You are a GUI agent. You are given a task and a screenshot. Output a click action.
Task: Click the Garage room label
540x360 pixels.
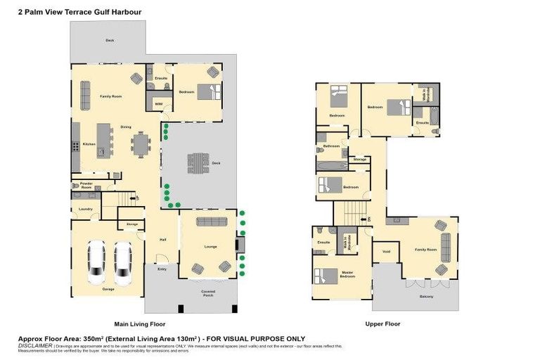point(108,289)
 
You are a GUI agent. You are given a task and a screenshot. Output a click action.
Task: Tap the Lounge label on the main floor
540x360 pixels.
point(211,247)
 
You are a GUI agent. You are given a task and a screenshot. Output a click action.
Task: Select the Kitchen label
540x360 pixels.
point(89,144)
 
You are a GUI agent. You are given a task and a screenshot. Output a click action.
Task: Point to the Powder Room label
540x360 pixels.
point(86,186)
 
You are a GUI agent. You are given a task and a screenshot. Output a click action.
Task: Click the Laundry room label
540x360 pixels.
point(86,209)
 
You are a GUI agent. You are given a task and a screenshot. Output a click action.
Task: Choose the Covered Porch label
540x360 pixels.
point(207,292)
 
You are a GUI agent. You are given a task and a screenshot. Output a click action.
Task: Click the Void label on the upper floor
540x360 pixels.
point(386,251)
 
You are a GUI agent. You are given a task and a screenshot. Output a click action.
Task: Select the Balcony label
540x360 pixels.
point(427,296)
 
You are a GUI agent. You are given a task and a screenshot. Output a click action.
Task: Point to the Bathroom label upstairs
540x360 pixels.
point(331,146)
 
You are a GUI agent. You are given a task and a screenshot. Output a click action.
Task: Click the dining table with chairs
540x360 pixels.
point(141,144)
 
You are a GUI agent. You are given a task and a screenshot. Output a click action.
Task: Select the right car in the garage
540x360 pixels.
point(123,262)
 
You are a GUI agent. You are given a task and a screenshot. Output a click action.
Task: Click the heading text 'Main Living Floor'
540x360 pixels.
point(139,324)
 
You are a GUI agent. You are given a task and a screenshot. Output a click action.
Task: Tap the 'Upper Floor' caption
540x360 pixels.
point(382,324)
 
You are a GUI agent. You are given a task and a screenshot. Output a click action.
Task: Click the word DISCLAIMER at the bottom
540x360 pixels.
point(34,345)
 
